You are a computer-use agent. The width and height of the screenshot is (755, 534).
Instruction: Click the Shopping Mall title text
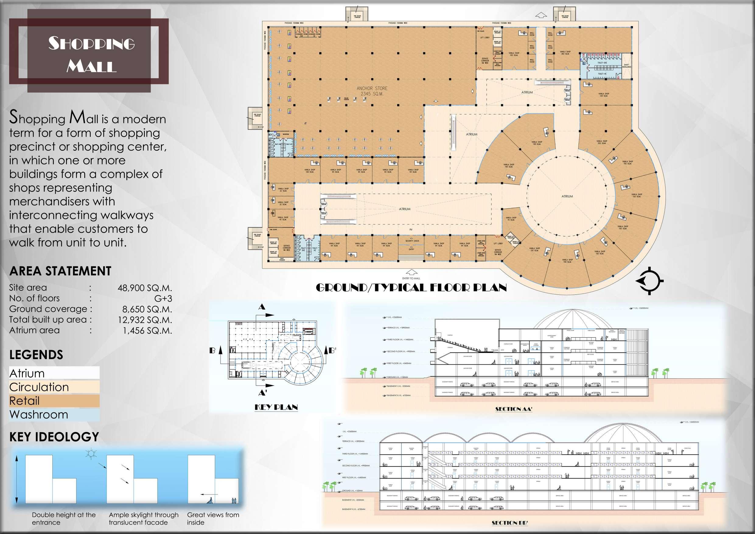[x=91, y=54]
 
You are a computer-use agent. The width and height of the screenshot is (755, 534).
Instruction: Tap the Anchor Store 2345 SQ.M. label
[x=372, y=91]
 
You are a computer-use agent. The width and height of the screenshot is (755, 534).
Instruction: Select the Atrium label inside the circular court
[x=567, y=196]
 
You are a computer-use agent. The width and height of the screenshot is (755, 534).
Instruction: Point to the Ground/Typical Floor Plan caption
[x=411, y=288]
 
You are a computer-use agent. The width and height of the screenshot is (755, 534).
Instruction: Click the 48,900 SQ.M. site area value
[x=145, y=288]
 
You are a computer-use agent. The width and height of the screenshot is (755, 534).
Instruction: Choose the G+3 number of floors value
[x=163, y=298]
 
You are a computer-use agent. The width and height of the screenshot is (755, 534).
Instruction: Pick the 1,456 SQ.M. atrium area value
[x=147, y=330]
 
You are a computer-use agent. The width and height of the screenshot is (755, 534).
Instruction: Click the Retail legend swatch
[x=54, y=401]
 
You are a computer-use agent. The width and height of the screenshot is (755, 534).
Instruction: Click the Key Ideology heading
[x=54, y=437]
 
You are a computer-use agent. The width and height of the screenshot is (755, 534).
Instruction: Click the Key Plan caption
[x=276, y=407]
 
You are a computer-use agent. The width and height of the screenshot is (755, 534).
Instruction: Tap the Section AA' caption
[x=513, y=409]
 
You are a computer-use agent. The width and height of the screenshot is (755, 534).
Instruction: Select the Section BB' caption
[x=509, y=522]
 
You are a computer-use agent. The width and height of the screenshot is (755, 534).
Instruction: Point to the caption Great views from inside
[x=213, y=518]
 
